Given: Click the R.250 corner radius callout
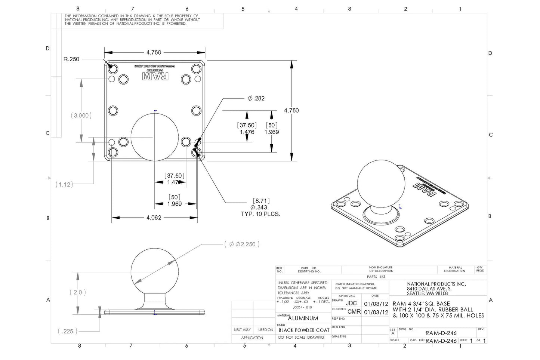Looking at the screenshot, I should [x=71, y=59].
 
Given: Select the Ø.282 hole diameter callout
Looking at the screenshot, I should [x=256, y=98].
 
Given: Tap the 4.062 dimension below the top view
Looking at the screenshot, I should [x=154, y=218].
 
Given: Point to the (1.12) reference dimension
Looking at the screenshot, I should [x=64, y=184].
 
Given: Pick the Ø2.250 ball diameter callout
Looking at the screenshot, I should [x=242, y=244].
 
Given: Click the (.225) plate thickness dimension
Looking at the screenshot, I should [x=68, y=331].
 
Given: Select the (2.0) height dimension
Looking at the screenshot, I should [x=78, y=292].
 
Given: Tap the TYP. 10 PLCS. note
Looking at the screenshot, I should [x=260, y=214].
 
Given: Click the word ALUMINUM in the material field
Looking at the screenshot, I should [x=303, y=319].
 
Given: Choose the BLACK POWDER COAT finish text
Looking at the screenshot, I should [x=304, y=330].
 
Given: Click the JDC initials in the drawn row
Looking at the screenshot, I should [x=351, y=304].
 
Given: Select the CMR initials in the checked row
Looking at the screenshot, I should [x=354, y=312].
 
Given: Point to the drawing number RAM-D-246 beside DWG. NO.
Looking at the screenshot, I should [x=441, y=333].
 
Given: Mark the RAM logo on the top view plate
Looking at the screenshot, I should [x=155, y=77].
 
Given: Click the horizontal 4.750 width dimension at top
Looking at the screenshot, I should [x=154, y=53].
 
